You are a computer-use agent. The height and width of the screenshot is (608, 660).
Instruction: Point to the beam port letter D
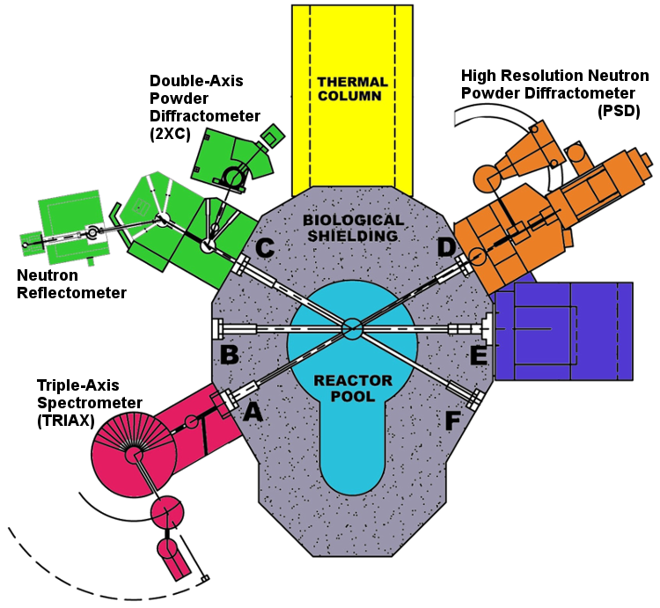[446, 249]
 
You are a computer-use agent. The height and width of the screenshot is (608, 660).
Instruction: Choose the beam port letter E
[480, 355]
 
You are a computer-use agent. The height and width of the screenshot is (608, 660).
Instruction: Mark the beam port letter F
[453, 421]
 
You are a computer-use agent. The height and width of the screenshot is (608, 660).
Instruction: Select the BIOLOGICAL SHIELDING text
[352, 227]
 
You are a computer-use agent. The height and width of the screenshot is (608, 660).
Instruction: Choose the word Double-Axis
[196, 82]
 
